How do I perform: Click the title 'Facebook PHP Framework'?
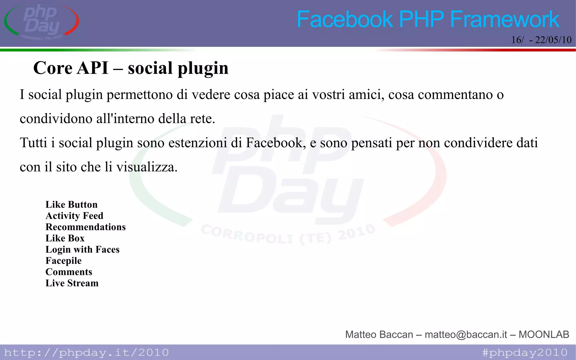point(428,19)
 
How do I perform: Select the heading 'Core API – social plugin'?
point(131,68)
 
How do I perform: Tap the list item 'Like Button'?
point(71,204)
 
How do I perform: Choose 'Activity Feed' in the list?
point(75,216)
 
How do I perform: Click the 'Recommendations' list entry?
point(85,227)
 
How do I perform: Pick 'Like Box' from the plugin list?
point(65,238)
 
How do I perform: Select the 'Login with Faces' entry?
point(82,249)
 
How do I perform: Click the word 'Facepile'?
point(64,261)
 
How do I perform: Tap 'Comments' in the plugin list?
point(69,272)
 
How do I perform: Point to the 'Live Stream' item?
point(72,283)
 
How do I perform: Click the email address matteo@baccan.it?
point(466,334)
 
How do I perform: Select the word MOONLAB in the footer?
point(544,334)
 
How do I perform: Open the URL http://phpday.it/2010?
point(86,352)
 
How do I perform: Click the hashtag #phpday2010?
point(525,352)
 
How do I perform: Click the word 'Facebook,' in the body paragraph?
point(276,143)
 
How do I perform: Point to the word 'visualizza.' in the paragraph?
point(147,167)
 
